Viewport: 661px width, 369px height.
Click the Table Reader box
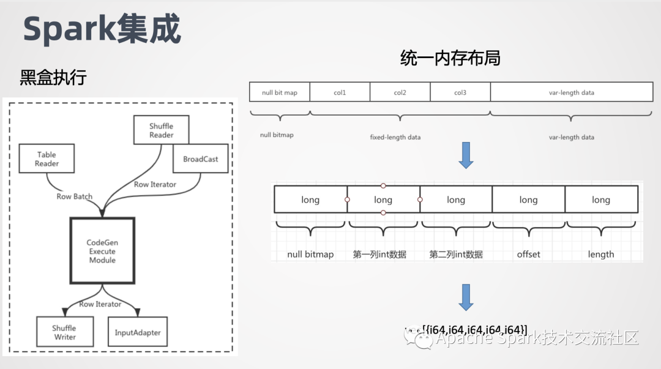click(x=47, y=159)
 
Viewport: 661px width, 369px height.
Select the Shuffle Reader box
click(x=161, y=130)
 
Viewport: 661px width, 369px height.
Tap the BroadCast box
click(x=200, y=159)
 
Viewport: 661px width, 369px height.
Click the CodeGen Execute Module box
click(x=101, y=251)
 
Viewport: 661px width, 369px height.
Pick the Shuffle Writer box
click(x=64, y=332)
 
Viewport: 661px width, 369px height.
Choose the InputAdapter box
click(x=138, y=333)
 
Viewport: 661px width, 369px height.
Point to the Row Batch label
click(x=74, y=196)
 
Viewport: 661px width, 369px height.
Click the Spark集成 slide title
click(x=102, y=29)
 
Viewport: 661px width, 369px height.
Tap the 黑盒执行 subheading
click(x=53, y=78)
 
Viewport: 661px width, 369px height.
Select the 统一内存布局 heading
click(x=450, y=58)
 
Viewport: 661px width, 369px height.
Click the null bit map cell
click(x=279, y=92)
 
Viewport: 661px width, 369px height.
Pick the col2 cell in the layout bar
click(x=400, y=92)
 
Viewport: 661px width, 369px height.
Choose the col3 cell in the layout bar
click(x=460, y=92)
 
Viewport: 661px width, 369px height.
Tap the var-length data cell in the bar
click(x=571, y=92)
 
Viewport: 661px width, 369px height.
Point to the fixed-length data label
click(x=395, y=137)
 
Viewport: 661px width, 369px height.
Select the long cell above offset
click(x=528, y=199)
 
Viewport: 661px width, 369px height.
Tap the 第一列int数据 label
click(x=379, y=254)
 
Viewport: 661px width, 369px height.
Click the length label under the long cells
click(x=600, y=254)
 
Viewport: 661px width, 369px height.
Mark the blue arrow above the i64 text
click(x=466, y=297)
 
